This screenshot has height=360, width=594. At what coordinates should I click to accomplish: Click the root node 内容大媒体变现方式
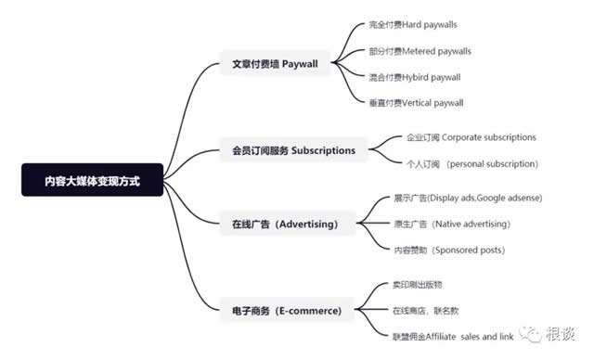pos(93,180)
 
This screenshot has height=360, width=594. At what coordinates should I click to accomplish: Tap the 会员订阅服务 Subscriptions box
pos(293,150)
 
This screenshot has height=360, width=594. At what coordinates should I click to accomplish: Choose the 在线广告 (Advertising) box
pos(285,225)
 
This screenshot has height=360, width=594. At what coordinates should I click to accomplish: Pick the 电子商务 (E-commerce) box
pos(287,309)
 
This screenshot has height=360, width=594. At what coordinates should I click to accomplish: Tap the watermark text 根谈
pos(562,333)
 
